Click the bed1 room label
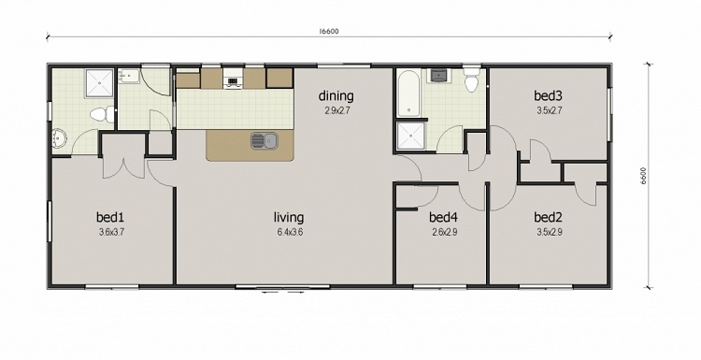pos(111,217)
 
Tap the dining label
pos(336,95)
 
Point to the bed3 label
pos(548,95)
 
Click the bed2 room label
pos(548,217)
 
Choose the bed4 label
pos(443,217)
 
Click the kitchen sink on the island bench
pos(264,141)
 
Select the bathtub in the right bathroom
pos(408,94)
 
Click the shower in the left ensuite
pos(97,84)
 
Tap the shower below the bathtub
pos(409,137)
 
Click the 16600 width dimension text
pos(328,31)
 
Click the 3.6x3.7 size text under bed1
pos(111,231)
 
